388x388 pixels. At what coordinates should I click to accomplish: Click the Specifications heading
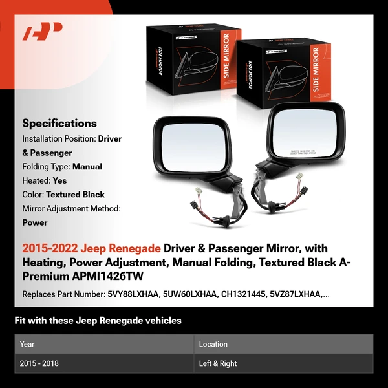(x=59, y=123)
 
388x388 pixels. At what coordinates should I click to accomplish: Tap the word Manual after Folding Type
(x=87, y=166)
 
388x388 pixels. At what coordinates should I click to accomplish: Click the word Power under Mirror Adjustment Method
(x=35, y=222)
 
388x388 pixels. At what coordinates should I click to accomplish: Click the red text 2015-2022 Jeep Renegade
(x=91, y=248)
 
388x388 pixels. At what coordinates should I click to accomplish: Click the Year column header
(x=27, y=344)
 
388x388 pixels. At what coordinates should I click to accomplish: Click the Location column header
(x=213, y=344)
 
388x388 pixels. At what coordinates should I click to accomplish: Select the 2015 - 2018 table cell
(x=39, y=363)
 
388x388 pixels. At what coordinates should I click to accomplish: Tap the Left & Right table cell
(x=219, y=363)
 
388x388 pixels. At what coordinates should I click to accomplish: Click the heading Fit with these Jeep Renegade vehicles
(x=98, y=321)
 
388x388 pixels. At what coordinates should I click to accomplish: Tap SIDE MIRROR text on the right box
(x=316, y=69)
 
